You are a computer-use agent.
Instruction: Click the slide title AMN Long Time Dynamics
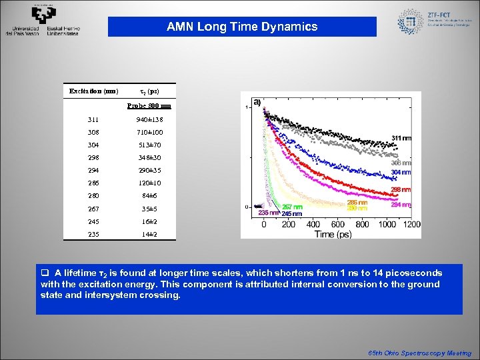(242, 27)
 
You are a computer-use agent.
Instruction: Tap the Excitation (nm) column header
(94, 90)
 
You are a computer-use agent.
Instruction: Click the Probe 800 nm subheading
(149, 105)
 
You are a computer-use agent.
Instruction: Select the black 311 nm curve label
(401, 138)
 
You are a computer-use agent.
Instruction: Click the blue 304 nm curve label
(401, 172)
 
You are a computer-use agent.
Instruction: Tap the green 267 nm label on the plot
(292, 207)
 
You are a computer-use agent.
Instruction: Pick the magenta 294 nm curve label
(401, 205)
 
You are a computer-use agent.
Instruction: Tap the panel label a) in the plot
(257, 102)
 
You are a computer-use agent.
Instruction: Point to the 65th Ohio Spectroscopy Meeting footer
(420, 353)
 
